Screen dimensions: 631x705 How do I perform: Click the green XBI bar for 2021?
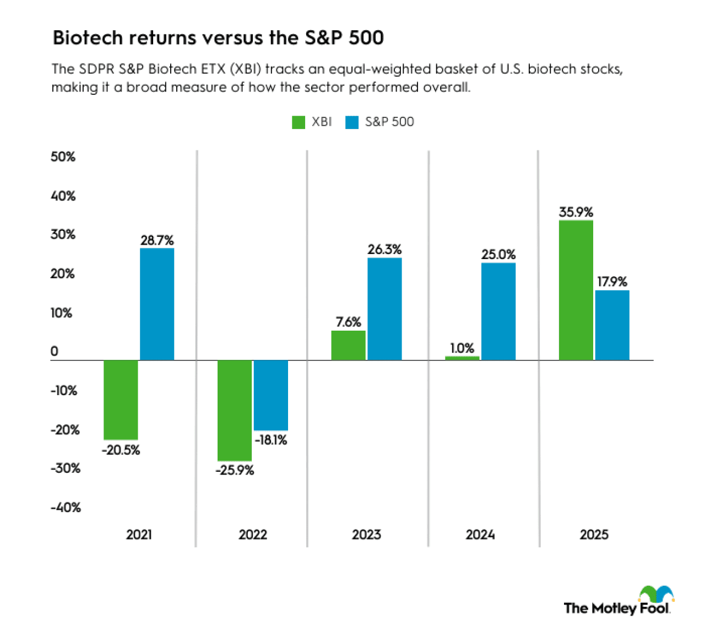[121, 400]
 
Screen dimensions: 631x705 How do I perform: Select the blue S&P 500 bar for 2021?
[157, 304]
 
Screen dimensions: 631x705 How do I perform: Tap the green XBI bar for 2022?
[235, 410]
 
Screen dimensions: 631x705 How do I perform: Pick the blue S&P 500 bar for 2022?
[270, 395]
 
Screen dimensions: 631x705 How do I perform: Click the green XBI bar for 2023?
[348, 346]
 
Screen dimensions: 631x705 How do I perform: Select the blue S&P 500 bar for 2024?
[498, 311]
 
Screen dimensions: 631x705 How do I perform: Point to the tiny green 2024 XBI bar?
[462, 358]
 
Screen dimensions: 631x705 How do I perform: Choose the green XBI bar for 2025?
[576, 290]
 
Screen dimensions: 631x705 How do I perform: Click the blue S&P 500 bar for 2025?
[612, 325]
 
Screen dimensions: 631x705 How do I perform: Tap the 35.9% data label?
[576, 212]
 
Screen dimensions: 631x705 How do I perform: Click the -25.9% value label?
[235, 471]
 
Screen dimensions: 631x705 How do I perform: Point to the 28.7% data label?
[157, 240]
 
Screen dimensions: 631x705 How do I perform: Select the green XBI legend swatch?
[299, 122]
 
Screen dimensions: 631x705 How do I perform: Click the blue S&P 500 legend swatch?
[352, 122]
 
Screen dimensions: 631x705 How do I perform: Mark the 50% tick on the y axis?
[63, 157]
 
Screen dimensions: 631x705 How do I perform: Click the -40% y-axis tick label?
[66, 508]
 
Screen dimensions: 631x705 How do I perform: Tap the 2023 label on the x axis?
[366, 535]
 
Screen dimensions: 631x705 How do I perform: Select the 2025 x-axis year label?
[594, 535]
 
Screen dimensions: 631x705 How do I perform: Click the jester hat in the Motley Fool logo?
[657, 594]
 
